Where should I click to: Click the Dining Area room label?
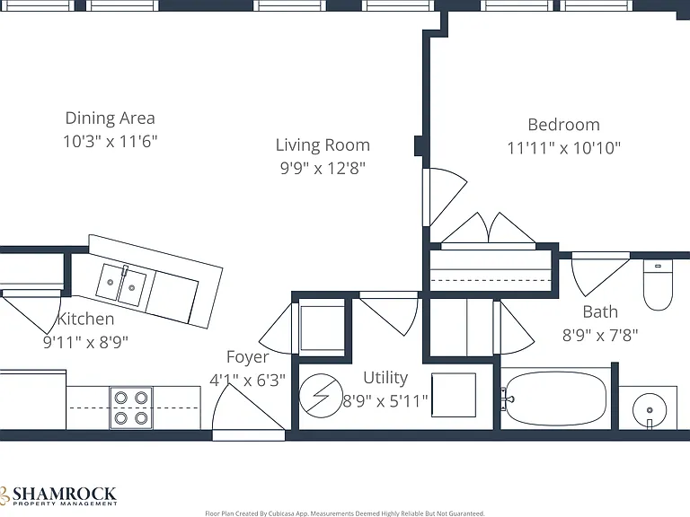click(110, 118)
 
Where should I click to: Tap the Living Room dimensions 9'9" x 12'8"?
click(323, 168)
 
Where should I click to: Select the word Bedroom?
click(563, 125)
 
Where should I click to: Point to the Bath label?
click(600, 311)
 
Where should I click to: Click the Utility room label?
click(385, 378)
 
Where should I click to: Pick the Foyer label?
click(247, 357)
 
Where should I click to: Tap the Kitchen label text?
click(86, 319)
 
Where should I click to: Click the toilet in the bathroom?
click(658, 285)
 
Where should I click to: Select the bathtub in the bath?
click(555, 399)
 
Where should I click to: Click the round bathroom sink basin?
click(649, 410)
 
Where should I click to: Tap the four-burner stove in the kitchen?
click(131, 408)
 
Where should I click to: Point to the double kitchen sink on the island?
click(121, 285)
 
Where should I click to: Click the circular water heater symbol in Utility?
click(321, 396)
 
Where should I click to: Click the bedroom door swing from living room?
click(445, 197)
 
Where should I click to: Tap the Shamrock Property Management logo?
click(58, 495)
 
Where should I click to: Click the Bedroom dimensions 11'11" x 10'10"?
click(563, 148)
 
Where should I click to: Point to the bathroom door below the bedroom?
click(600, 274)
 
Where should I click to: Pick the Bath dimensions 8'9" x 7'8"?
click(600, 336)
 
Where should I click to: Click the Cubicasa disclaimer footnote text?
click(345, 513)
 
